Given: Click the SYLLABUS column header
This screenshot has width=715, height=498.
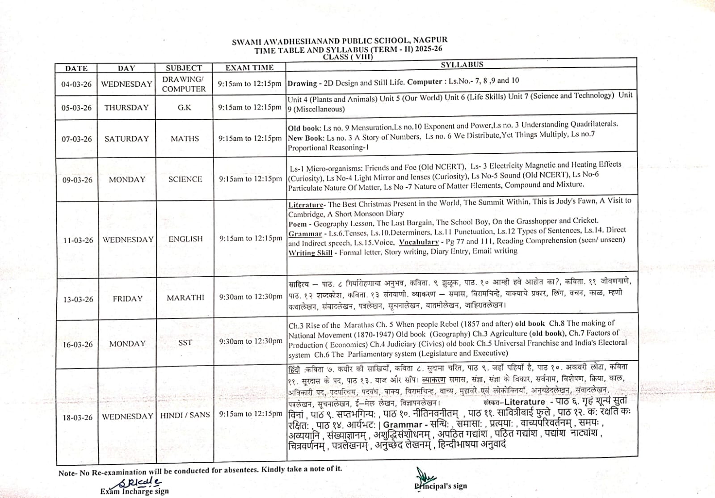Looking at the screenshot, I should pyautogui.click(x=462, y=64).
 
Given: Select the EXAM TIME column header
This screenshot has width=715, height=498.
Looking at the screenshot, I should pyautogui.click(x=249, y=68).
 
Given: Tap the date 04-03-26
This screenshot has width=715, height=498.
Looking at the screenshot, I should pyautogui.click(x=76, y=84).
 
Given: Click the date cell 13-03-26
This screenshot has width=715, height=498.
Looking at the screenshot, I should pyautogui.click(x=78, y=299).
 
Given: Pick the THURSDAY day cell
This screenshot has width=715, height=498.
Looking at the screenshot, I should pyautogui.click(x=126, y=107).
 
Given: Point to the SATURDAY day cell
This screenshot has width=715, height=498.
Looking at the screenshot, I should pyautogui.click(x=126, y=139).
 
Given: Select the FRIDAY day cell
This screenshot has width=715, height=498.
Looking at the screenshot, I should pyautogui.click(x=127, y=299).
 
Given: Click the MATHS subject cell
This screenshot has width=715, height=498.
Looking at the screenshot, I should pyautogui.click(x=185, y=139).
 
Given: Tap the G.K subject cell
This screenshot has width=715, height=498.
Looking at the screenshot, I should pyautogui.click(x=184, y=107).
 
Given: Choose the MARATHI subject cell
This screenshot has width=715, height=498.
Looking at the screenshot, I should pyautogui.click(x=185, y=298).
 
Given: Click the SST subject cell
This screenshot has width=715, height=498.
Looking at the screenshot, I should pyautogui.click(x=185, y=343).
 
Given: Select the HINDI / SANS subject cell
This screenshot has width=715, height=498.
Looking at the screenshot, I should pyautogui.click(x=185, y=415).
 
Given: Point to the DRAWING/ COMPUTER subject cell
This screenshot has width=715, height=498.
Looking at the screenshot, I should pyautogui.click(x=184, y=84).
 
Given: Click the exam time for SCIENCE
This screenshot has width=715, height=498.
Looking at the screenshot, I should pyautogui.click(x=250, y=179).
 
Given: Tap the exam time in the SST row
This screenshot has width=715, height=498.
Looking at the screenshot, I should pyautogui.click(x=251, y=341).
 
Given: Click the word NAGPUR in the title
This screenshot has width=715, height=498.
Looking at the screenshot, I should pyautogui.click(x=431, y=41).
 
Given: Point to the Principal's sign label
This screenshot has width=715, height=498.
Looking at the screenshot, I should pyautogui.click(x=440, y=486).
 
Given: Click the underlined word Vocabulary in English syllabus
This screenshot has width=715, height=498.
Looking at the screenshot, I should pyautogui.click(x=419, y=242).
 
